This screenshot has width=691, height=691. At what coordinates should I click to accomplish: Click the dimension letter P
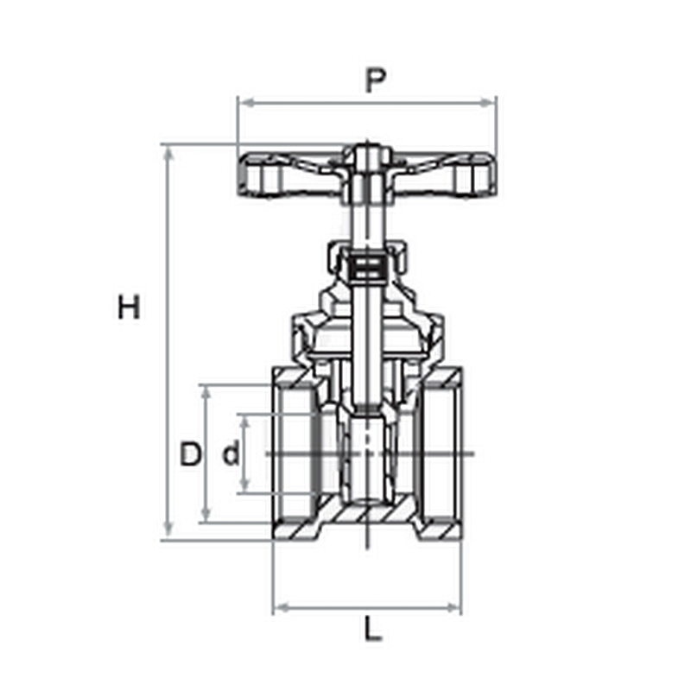pyautogui.click(x=376, y=80)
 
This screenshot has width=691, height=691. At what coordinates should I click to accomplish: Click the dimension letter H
pyautogui.click(x=129, y=307)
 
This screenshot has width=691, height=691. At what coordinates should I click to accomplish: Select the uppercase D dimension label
pyautogui.click(x=190, y=453)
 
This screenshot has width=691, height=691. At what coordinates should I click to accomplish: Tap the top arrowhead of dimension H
pyautogui.click(x=168, y=155)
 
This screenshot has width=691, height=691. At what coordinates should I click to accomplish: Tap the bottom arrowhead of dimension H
pyautogui.click(x=168, y=529)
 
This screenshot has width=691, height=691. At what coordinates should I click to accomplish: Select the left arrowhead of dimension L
pyautogui.click(x=282, y=608)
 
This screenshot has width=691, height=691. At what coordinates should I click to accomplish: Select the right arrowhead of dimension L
pyautogui.click(x=453, y=608)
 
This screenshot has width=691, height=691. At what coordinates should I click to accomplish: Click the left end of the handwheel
pyautogui.click(x=242, y=174)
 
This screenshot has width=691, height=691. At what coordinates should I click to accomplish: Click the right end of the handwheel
pyautogui.click(x=491, y=174)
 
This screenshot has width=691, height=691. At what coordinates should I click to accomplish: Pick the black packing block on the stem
pyautogui.click(x=366, y=268)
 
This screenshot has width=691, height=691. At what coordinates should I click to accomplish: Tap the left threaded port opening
pyautogui.click(x=295, y=453)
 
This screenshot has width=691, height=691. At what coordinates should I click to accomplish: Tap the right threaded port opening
pyautogui.click(x=440, y=453)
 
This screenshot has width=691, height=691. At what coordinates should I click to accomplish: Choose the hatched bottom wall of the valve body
pyautogui.click(x=367, y=515)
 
